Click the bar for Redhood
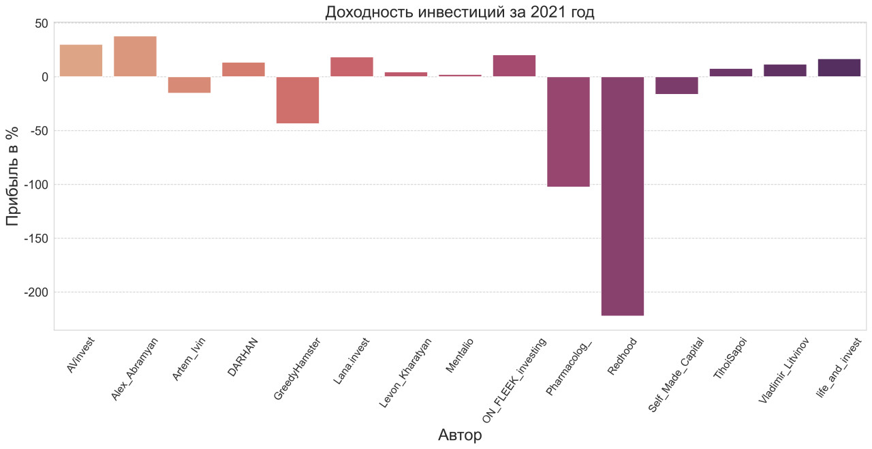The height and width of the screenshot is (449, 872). pyautogui.click(x=623, y=196)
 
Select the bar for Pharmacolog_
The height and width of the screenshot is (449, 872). pyautogui.click(x=569, y=131)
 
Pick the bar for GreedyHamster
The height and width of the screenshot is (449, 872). pyautogui.click(x=298, y=100)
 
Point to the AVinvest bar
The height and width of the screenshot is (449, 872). pyautogui.click(x=81, y=61)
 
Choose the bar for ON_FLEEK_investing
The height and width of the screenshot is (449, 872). pyautogui.click(x=514, y=66)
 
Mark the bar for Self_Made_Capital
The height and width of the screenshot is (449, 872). pyautogui.click(x=676, y=85)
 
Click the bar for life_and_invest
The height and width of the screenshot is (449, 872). pyautogui.click(x=839, y=68)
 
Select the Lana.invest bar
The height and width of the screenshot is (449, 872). pyautogui.click(x=352, y=67)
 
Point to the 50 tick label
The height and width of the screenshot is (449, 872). pyautogui.click(x=41, y=23)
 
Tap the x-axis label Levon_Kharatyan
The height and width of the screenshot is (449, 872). pyautogui.click(x=405, y=371)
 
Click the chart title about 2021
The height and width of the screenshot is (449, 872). pyautogui.click(x=460, y=12)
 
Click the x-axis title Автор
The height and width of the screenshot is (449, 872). pyautogui.click(x=460, y=435)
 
